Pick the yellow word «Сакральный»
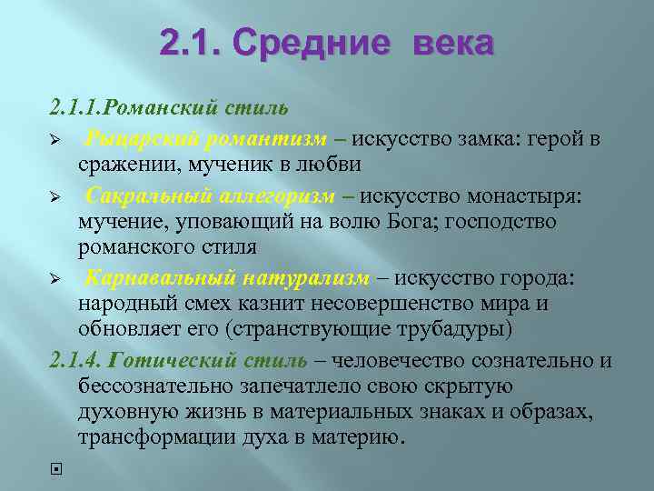pyautogui.click(x=145, y=196)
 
